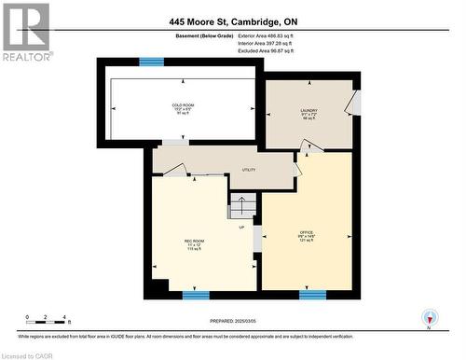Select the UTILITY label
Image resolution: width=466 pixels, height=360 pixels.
click(249, 170)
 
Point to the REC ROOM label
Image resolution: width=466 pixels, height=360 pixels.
click(193, 244)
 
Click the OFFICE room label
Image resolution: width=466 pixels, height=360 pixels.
click(306, 233)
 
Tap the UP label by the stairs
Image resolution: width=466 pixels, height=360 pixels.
click(241, 227)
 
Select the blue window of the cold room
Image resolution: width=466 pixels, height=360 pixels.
click(151, 62)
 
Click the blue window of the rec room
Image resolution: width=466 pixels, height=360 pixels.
click(196, 295)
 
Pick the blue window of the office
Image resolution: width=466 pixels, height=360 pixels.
click(312, 295)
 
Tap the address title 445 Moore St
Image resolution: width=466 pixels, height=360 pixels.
click(233, 21)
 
